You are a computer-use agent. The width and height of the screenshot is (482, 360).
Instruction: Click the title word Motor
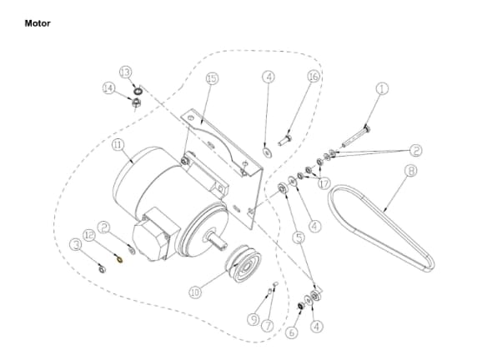pyautogui.click(x=38, y=23)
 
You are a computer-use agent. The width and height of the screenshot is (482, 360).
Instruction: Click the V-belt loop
pyautogui.click(x=379, y=225)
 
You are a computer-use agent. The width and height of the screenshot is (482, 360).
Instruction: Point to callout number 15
pyautogui.click(x=212, y=78)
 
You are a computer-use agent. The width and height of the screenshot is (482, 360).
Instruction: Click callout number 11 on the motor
pyautogui.click(x=118, y=144)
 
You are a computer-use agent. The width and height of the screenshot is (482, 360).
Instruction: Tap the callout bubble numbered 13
pyautogui.click(x=126, y=72)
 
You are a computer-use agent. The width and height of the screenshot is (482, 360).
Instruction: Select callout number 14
pyautogui.click(x=108, y=87)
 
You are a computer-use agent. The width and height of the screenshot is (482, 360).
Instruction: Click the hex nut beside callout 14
pyautogui.click(x=133, y=102)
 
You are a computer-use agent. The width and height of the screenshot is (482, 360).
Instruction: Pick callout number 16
pyautogui.click(x=314, y=77)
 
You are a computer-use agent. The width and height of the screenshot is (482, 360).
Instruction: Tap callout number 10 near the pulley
pyautogui.click(x=195, y=292)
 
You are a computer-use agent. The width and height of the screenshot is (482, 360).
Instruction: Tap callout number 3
pyautogui.click(x=76, y=244)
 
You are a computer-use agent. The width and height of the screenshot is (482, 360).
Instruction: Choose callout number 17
pyautogui.click(x=324, y=182)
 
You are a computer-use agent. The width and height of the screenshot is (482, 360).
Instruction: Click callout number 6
pyautogui.click(x=292, y=331)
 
